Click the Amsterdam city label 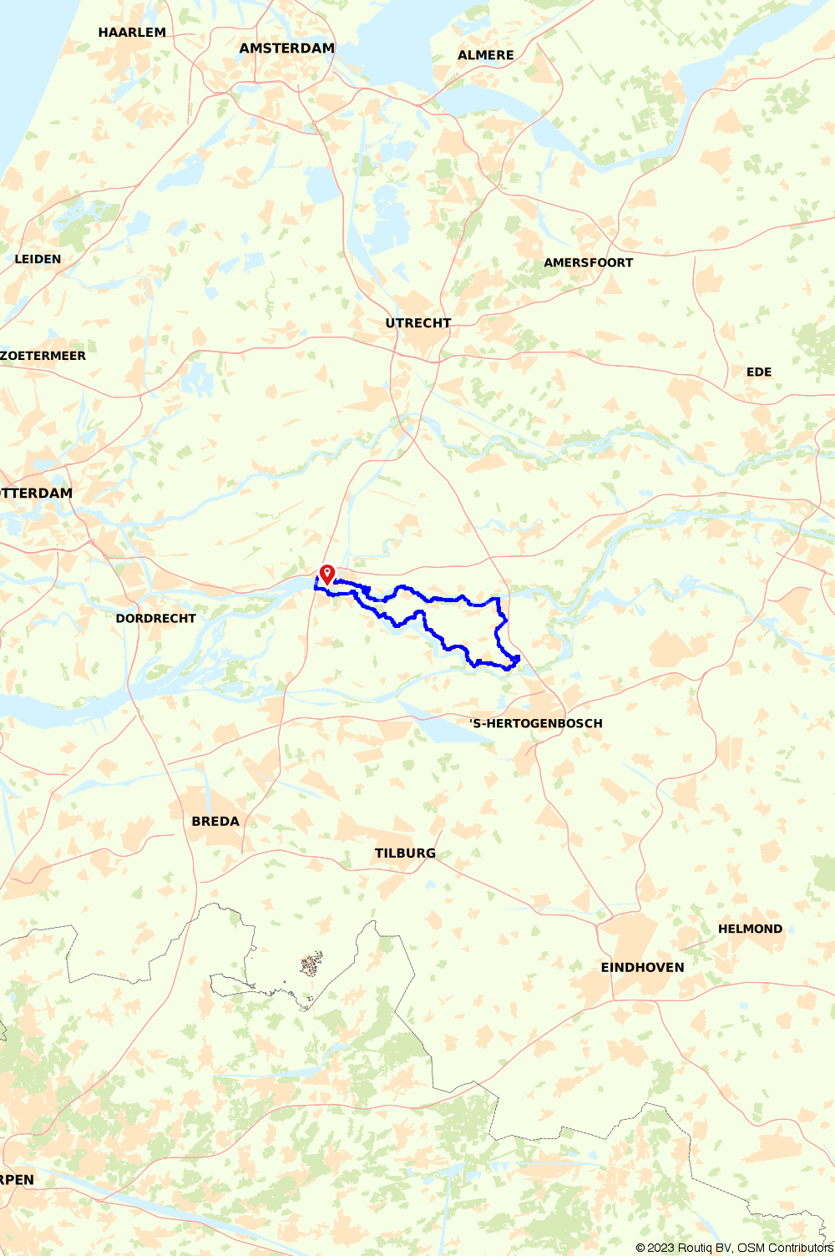coord(286,48)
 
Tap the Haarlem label coord(132,33)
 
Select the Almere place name coord(485,55)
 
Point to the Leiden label coord(38,259)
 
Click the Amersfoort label coord(588,262)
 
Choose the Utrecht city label coord(417,323)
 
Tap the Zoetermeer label coord(43,356)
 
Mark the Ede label coord(758,372)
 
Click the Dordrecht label coord(155,619)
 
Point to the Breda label coord(215,822)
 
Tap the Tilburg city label coord(404,853)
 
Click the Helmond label coord(750,929)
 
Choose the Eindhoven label coord(642,968)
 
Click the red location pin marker coord(327,574)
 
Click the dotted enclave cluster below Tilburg coord(311,965)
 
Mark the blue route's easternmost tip coord(519,659)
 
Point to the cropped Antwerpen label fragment coord(17,1180)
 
